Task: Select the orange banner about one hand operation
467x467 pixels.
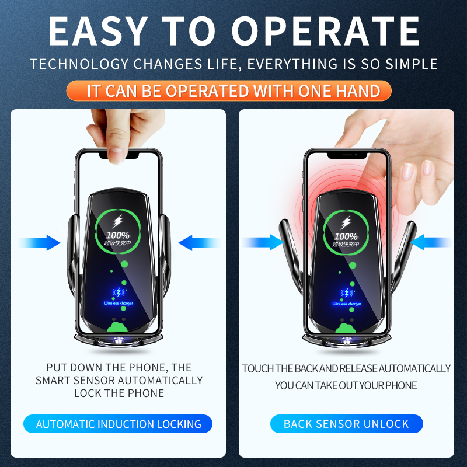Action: pyautogui.click(x=233, y=91)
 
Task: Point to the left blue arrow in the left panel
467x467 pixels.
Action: pyautogui.click(x=40, y=242)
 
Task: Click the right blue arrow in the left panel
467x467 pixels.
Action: pyautogui.click(x=198, y=242)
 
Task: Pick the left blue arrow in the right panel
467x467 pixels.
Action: pyautogui.click(x=263, y=242)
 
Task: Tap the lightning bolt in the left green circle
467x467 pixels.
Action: pyautogui.click(x=119, y=222)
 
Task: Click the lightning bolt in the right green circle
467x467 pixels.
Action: pyautogui.click(x=346, y=222)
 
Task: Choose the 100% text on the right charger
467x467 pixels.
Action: pyautogui.click(x=346, y=236)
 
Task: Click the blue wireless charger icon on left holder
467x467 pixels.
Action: pyautogui.click(x=119, y=294)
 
